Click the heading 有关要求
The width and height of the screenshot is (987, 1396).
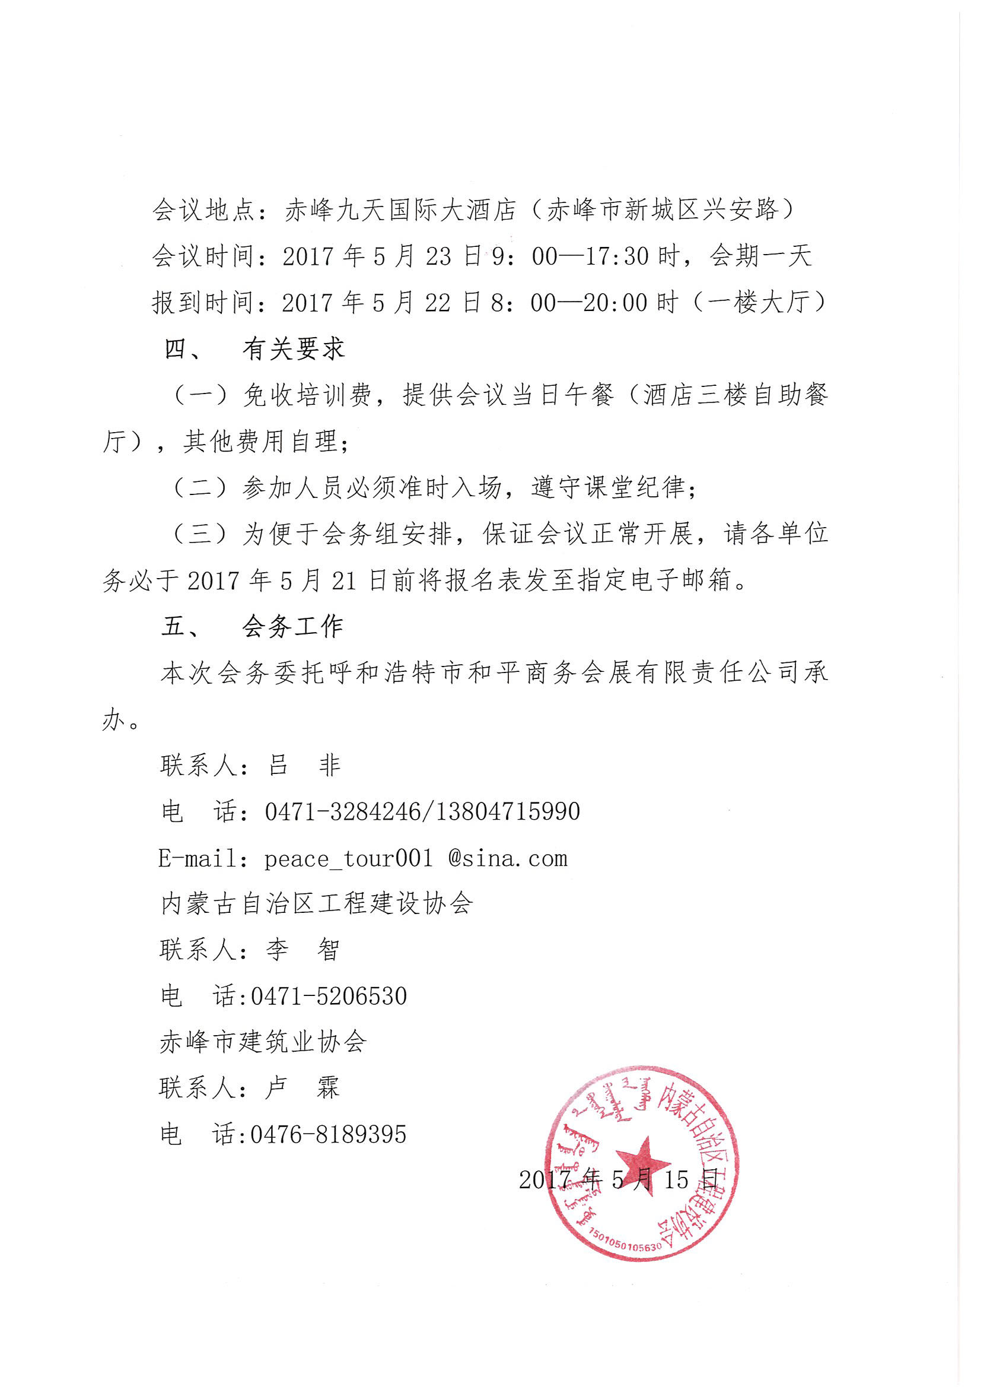(294, 349)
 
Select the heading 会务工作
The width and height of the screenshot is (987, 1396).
(292, 626)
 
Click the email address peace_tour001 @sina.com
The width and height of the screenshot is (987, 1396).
(416, 858)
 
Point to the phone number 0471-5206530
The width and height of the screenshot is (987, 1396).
(329, 997)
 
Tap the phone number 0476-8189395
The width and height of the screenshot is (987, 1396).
(328, 1135)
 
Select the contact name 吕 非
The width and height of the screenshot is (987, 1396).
(304, 766)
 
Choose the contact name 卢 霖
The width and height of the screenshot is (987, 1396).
(302, 1088)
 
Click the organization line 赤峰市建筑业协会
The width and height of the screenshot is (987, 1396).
(263, 1042)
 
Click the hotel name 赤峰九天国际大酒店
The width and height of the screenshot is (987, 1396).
(400, 210)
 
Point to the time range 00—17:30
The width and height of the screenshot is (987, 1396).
(590, 256)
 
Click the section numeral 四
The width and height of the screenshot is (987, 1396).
(176, 349)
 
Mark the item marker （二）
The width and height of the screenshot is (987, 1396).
(201, 488)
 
